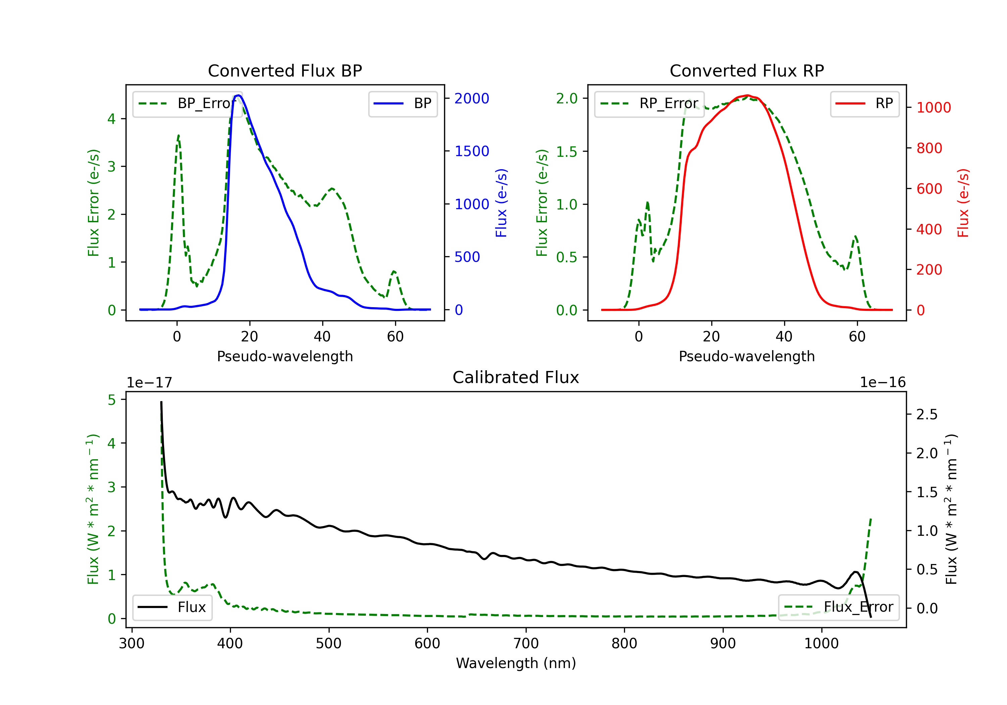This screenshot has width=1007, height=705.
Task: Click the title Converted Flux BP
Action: point(285,70)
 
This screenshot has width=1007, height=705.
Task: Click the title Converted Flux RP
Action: point(747,70)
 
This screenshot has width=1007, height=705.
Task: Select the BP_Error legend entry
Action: point(187,103)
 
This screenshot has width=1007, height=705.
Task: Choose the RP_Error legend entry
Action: point(649,103)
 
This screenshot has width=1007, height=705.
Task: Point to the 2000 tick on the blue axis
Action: point(472,98)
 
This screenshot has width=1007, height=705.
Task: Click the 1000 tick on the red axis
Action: point(933,107)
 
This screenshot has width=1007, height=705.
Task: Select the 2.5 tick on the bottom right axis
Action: point(927,414)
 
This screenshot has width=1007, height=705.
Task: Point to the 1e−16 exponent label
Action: point(882,383)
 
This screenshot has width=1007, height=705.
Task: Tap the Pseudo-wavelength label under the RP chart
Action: point(747,356)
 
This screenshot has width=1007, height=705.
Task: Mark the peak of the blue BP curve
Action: point(238,95)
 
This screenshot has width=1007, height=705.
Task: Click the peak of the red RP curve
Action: point(748,95)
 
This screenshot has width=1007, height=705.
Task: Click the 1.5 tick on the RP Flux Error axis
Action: point(567,151)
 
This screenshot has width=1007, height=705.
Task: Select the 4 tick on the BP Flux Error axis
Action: point(112,119)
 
